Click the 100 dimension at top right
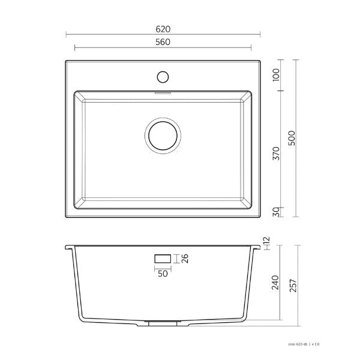click(275, 77)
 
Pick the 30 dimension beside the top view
click(275, 211)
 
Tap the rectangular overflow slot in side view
click(163, 259)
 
